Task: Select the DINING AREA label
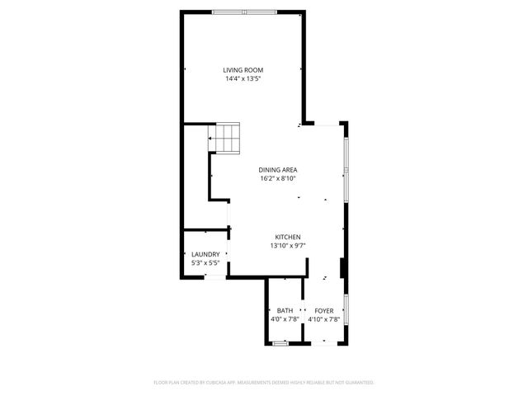[x=277, y=169]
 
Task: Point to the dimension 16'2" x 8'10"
[x=277, y=178]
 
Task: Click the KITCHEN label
[x=287, y=237]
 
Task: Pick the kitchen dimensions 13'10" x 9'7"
[x=287, y=246]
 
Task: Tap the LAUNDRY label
[x=205, y=254]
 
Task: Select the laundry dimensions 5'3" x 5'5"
[x=205, y=263]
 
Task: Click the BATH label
[x=284, y=310]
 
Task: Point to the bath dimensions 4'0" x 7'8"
[x=284, y=319]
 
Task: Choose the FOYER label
[x=323, y=310]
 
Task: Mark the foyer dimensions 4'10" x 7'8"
[x=323, y=319]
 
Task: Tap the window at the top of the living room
[x=244, y=11]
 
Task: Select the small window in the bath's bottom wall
[x=280, y=342]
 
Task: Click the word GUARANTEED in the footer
[x=357, y=383]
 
